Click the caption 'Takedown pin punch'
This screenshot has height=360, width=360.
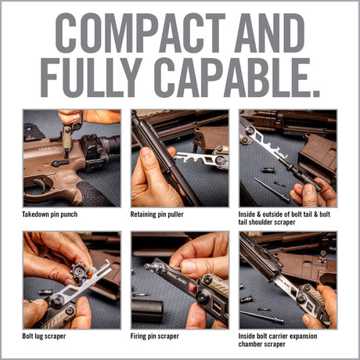(50, 214)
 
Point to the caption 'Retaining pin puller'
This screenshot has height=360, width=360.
(159, 214)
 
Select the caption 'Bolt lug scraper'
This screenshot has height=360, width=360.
(45, 336)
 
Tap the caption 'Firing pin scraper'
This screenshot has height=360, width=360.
(155, 336)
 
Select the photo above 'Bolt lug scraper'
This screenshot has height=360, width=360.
(72, 279)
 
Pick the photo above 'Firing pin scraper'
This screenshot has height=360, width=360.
(180, 279)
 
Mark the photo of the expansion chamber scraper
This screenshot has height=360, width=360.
(288, 279)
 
